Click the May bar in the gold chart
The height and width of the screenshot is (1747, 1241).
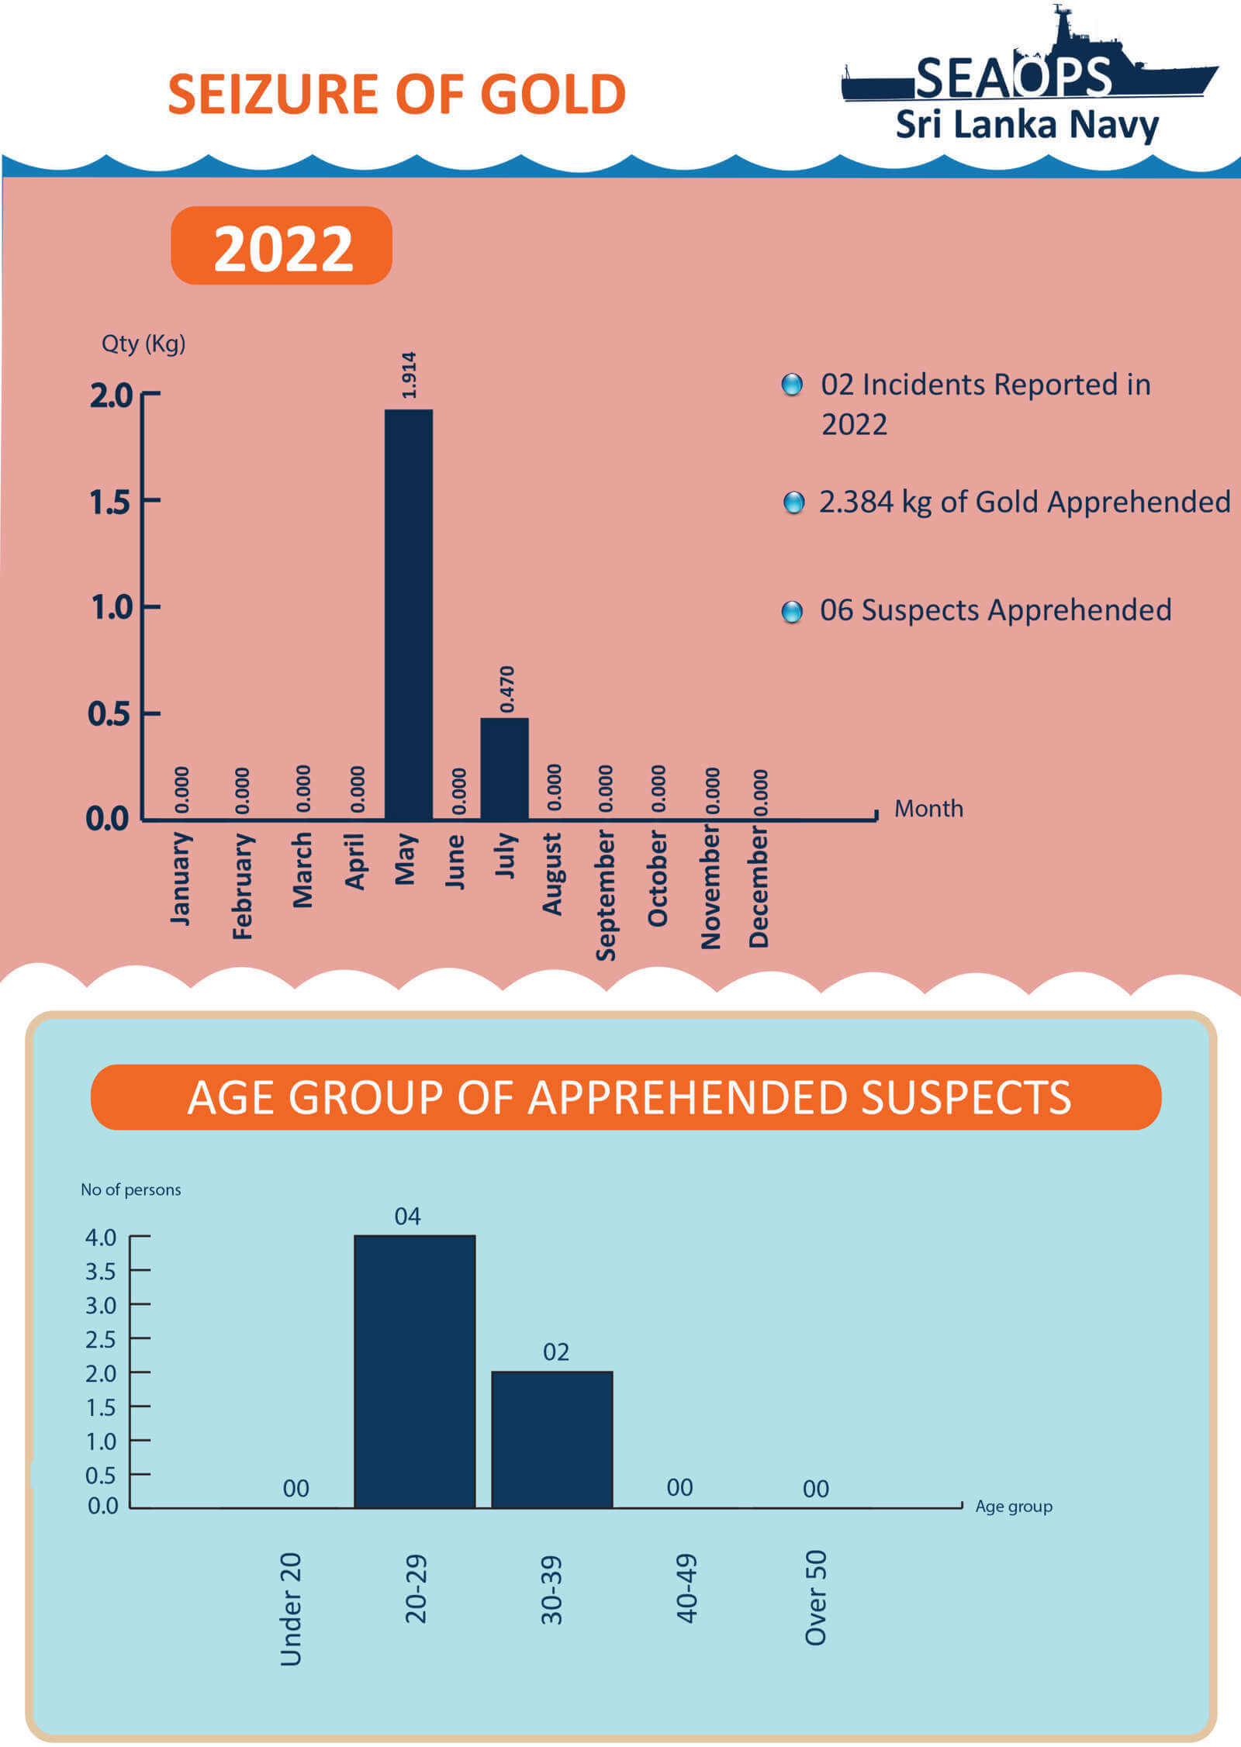pos(409,614)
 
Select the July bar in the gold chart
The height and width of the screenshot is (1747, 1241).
pos(504,768)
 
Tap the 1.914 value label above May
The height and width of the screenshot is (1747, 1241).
pos(410,375)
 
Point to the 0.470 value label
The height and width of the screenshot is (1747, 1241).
pos(506,689)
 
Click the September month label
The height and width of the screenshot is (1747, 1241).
pos(606,895)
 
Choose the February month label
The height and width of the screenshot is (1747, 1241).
pos(243,886)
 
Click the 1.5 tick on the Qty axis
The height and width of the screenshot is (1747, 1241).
pos(110,502)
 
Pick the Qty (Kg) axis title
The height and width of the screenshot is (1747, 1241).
pos(143,343)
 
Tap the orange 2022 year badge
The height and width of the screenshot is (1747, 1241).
pos(282,247)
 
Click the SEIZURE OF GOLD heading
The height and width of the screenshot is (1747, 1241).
pos(396,95)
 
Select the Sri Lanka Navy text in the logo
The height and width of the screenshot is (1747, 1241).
pos(1027,124)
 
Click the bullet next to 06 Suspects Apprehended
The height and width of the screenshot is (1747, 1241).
pos(792,612)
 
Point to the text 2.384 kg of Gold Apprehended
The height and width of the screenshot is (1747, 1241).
pos(1025,502)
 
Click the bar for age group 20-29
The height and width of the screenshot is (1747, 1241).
pos(415,1371)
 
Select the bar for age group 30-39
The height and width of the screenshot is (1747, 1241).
pos(552,1439)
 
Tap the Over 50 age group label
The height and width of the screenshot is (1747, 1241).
pos(816,1597)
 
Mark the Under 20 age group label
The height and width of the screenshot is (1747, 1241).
pos(290,1609)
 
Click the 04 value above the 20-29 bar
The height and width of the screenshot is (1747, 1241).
pos(408,1216)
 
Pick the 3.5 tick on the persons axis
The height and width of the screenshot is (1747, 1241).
pos(101,1272)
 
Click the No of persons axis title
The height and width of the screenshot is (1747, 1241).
pos(130,1189)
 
